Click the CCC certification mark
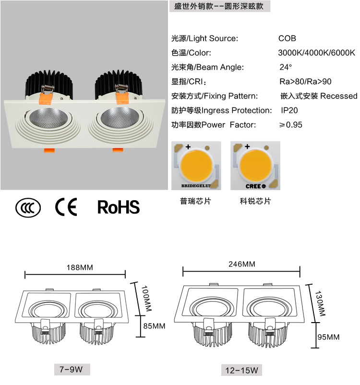[x=28, y=208]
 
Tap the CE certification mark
[x=66, y=207]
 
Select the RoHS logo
[x=119, y=207]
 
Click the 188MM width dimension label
[x=80, y=267]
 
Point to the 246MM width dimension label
[x=242, y=264]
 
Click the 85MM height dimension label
[x=154, y=326]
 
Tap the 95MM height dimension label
[x=329, y=337]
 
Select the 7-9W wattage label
[x=72, y=370]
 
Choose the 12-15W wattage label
[x=241, y=370]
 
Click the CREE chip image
[x=255, y=166]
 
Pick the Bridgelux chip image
[x=196, y=166]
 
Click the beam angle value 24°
[x=286, y=67]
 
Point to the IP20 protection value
[x=289, y=110]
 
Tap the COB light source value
[x=287, y=38]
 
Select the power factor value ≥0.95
[x=291, y=125]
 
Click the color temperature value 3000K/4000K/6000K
[x=316, y=53]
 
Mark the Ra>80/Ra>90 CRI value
[x=305, y=82]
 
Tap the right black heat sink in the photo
[x=118, y=83]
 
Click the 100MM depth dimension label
[x=146, y=298]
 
